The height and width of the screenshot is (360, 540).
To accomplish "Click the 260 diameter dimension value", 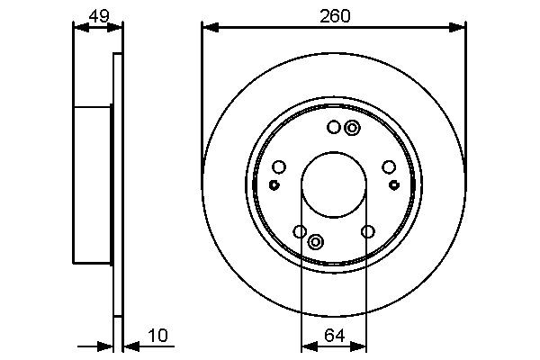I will tap(334, 14).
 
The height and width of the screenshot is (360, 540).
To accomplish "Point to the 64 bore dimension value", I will tap(334, 336).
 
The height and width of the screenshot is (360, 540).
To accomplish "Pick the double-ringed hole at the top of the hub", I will tap(352, 128).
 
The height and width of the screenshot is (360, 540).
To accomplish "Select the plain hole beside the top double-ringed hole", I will tap(334, 128).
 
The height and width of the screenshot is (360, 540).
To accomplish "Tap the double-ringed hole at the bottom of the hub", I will tap(316, 241).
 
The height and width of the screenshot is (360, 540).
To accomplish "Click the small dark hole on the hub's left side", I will tap(273, 184).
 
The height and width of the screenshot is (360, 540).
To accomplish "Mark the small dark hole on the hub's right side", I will tap(394, 184).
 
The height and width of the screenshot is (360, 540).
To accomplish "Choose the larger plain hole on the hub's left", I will tap(278, 166).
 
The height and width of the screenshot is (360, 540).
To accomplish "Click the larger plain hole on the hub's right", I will tap(389, 166).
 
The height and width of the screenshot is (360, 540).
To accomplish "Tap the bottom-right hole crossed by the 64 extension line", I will tap(367, 232).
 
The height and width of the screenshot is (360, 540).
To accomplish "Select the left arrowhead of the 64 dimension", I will tap(305, 345).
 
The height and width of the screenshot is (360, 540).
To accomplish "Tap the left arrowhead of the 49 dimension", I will tap(77, 28).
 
